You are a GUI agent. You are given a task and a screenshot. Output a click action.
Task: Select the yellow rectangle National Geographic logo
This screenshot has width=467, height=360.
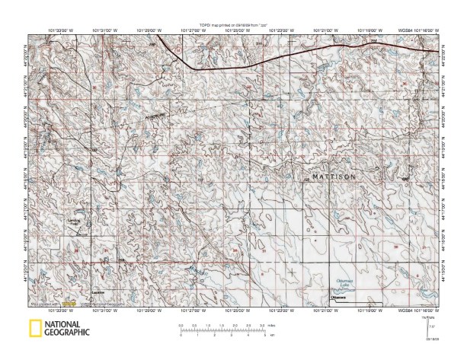pos(34,329)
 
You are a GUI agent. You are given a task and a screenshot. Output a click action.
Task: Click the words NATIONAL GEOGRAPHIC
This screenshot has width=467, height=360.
pos(67,329)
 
